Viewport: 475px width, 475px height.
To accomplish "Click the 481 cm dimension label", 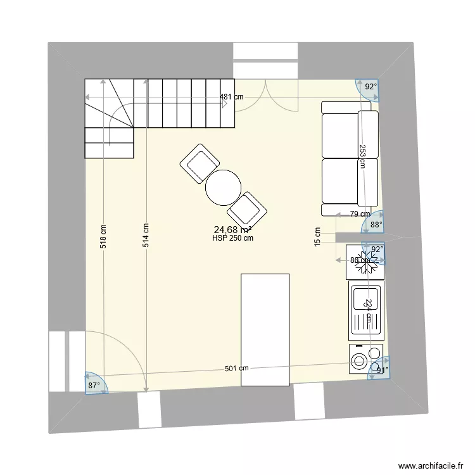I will [232, 97].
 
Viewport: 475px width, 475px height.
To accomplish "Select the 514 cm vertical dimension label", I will [145, 236].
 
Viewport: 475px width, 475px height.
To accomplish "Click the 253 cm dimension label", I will [362, 155].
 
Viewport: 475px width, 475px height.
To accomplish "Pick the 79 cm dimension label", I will [360, 214].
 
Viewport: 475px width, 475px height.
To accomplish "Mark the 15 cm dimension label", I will [317, 237].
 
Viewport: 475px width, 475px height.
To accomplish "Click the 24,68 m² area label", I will [232, 229].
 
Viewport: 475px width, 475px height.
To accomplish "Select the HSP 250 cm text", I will [233, 239].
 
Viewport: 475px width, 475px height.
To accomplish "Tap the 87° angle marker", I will [94, 385].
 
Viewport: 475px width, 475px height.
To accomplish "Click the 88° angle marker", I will [376, 224].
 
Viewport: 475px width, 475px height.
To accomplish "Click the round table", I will [223, 187].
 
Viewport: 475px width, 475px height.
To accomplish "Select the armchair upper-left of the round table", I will [199, 163].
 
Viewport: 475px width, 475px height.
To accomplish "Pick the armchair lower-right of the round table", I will [247, 209].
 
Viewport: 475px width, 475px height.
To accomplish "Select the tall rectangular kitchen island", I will [265, 329].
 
